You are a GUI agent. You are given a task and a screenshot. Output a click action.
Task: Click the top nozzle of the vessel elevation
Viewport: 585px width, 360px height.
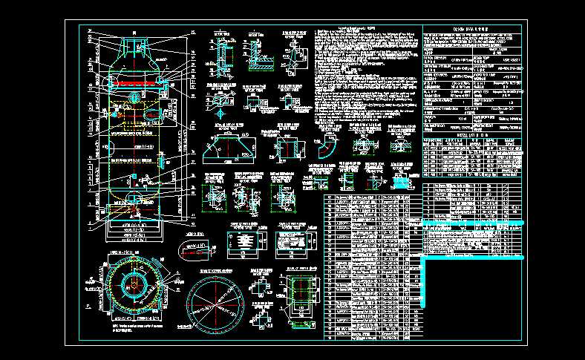[134, 43]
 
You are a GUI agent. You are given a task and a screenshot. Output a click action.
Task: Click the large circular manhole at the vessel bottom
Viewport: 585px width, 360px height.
[134, 198]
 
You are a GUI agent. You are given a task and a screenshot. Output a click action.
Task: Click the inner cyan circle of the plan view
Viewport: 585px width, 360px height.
[134, 284]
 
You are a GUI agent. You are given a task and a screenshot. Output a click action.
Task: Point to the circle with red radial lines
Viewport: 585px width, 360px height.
[216, 305]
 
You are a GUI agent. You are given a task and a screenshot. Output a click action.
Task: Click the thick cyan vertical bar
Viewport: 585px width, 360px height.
[424, 283]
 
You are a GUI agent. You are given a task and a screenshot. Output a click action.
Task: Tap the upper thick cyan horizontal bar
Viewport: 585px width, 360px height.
[475, 223]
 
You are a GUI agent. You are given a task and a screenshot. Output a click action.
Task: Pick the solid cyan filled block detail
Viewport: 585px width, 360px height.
[402, 182]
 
